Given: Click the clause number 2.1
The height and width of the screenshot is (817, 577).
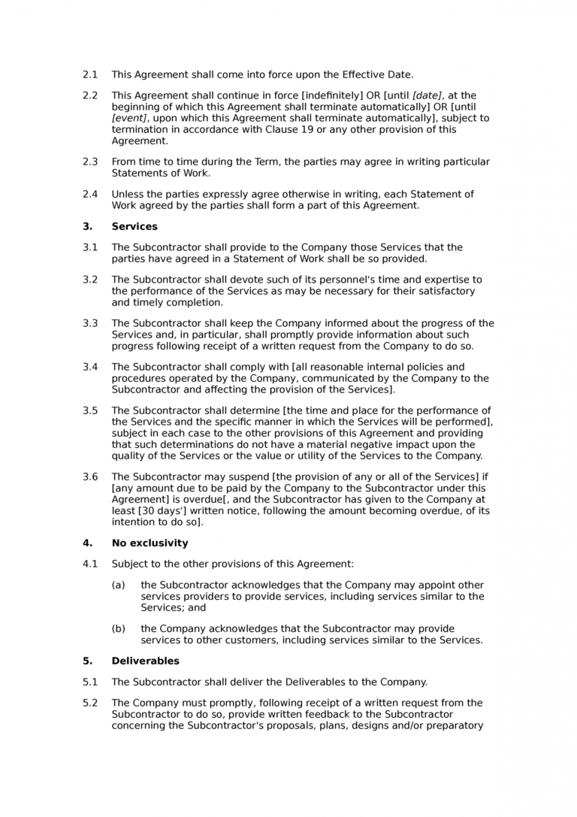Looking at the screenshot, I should click(90, 74).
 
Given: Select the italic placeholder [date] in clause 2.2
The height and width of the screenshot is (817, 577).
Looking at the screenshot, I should click(427, 95).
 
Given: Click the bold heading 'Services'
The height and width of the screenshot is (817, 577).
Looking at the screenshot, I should click(134, 225).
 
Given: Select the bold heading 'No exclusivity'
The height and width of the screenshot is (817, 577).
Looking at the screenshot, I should click(150, 543).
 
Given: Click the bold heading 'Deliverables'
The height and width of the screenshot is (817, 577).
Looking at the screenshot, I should click(145, 661).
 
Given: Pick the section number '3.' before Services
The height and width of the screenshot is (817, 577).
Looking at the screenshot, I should click(87, 225).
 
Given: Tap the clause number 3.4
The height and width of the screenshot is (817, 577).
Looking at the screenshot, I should click(90, 367).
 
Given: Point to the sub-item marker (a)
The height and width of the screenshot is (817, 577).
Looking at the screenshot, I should click(119, 585).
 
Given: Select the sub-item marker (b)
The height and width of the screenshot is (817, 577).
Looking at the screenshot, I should click(119, 628).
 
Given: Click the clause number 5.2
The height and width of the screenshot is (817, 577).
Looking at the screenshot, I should click(90, 703).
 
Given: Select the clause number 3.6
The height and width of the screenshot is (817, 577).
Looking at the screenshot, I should click(90, 477).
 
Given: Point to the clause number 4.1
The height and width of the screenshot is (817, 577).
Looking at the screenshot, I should click(90, 564).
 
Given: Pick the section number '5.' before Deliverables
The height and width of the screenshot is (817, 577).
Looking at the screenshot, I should click(87, 661).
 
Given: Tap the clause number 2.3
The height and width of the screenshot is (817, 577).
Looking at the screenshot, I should click(90, 162).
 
